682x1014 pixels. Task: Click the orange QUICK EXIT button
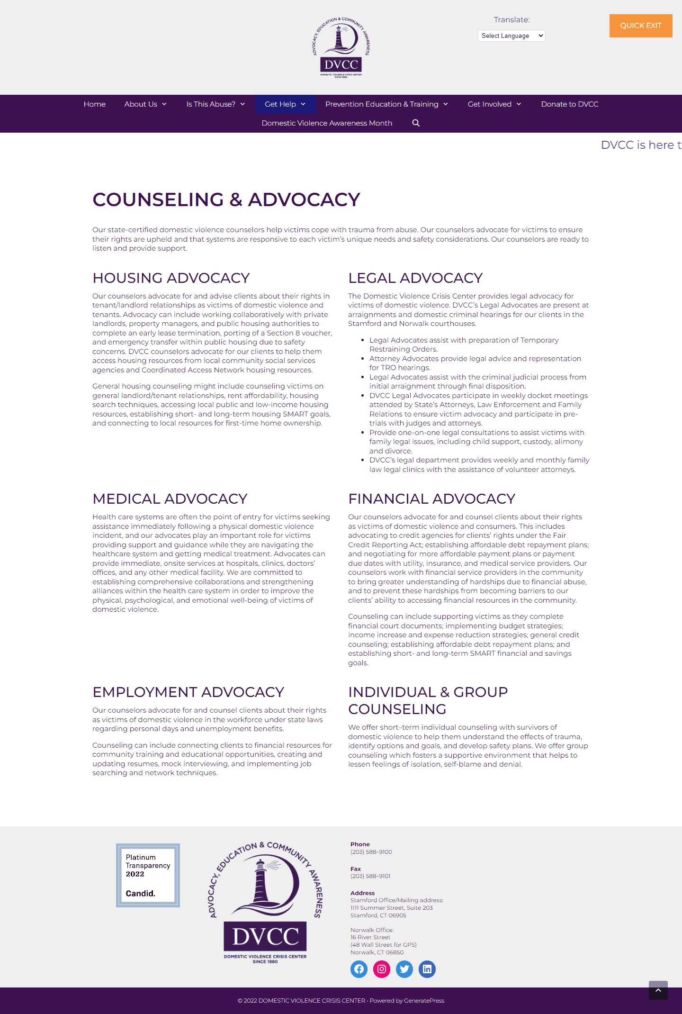point(640,26)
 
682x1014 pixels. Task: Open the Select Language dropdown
point(511,36)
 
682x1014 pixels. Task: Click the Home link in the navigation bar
point(94,104)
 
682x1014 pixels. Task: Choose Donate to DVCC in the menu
point(569,104)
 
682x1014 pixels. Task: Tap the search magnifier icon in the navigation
point(416,123)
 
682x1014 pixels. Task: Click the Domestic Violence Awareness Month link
point(327,123)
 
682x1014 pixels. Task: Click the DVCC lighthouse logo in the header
point(341,47)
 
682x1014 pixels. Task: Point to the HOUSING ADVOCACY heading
point(171,278)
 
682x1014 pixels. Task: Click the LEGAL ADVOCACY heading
point(415,278)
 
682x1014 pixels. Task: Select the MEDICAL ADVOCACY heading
point(170,498)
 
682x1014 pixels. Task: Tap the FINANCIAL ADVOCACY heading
point(431,498)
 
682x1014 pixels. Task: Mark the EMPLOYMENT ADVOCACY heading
point(188,692)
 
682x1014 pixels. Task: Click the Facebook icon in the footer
point(359,969)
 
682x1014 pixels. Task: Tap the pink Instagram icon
point(382,969)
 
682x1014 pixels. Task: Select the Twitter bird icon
point(404,969)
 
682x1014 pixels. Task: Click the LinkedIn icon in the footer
point(427,969)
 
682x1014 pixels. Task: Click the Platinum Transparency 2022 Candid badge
point(148,875)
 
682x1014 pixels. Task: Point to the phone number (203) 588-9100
point(371,852)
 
